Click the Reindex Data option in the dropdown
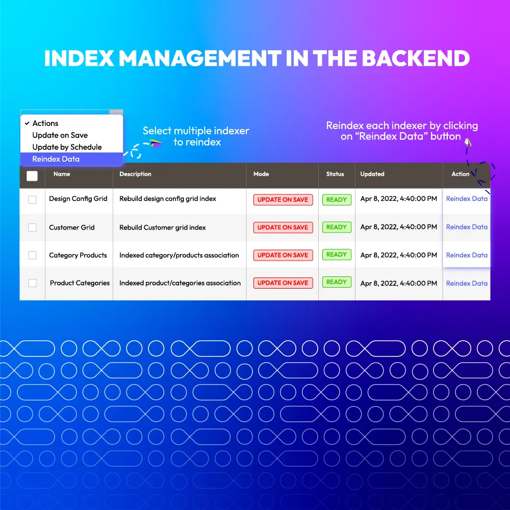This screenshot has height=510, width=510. click(x=56, y=159)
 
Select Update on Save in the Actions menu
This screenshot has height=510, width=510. click(x=60, y=135)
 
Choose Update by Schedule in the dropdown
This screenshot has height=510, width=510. click(x=67, y=147)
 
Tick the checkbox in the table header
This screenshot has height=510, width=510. click(x=32, y=176)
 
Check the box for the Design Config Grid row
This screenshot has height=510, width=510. click(x=32, y=199)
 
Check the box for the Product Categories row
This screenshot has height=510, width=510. click(x=32, y=283)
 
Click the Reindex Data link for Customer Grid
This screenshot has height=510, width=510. click(x=467, y=227)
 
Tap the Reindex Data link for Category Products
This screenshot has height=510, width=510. click(x=467, y=256)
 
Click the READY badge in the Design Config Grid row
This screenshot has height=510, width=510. click(x=337, y=200)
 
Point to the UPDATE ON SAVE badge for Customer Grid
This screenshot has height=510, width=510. click(x=283, y=227)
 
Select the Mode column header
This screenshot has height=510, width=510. click(x=261, y=174)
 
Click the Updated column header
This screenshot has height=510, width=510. click(x=372, y=174)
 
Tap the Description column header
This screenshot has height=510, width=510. click(x=135, y=174)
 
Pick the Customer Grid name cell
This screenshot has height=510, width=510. click(x=72, y=227)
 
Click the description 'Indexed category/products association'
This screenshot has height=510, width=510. click(x=179, y=256)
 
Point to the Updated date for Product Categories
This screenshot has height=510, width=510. click(x=399, y=283)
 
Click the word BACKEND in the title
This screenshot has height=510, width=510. click(x=416, y=58)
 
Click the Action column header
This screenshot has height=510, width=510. click(x=460, y=174)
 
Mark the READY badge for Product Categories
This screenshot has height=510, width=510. click(x=337, y=282)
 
